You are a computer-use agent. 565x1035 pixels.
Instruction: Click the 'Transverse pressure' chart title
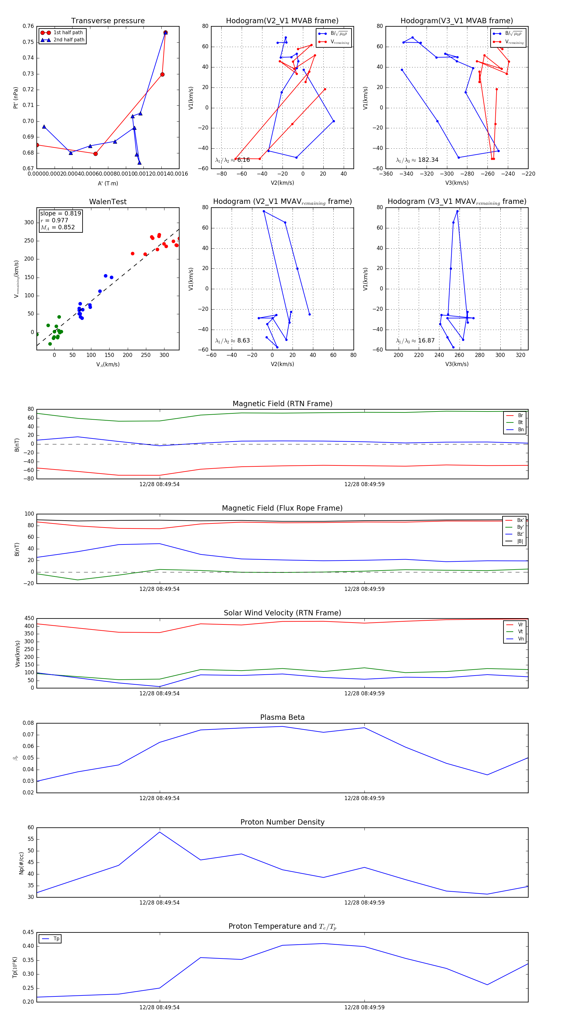click(x=108, y=21)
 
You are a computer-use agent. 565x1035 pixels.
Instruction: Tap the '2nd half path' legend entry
click(x=69, y=40)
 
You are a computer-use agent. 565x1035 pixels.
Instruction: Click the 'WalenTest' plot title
click(x=108, y=202)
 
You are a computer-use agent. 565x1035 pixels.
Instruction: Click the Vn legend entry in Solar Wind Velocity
click(x=520, y=639)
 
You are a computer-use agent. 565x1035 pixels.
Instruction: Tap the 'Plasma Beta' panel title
click(x=282, y=718)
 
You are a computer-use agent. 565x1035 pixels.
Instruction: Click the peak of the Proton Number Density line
click(x=160, y=832)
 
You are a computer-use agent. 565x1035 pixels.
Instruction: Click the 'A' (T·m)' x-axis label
click(x=108, y=183)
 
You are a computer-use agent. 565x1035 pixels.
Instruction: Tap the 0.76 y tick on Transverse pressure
click(x=28, y=26)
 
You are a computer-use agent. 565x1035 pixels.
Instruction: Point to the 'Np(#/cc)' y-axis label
click(x=22, y=863)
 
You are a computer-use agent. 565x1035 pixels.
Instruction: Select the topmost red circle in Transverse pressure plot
click(x=165, y=33)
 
